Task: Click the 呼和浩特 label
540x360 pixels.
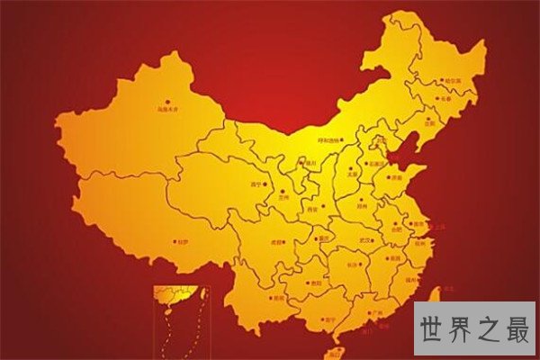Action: (330, 139)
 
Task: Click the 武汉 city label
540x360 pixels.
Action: (364, 240)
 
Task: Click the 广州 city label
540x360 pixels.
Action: (376, 313)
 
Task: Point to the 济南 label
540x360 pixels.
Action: (397, 179)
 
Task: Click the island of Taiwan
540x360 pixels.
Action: (435, 300)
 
